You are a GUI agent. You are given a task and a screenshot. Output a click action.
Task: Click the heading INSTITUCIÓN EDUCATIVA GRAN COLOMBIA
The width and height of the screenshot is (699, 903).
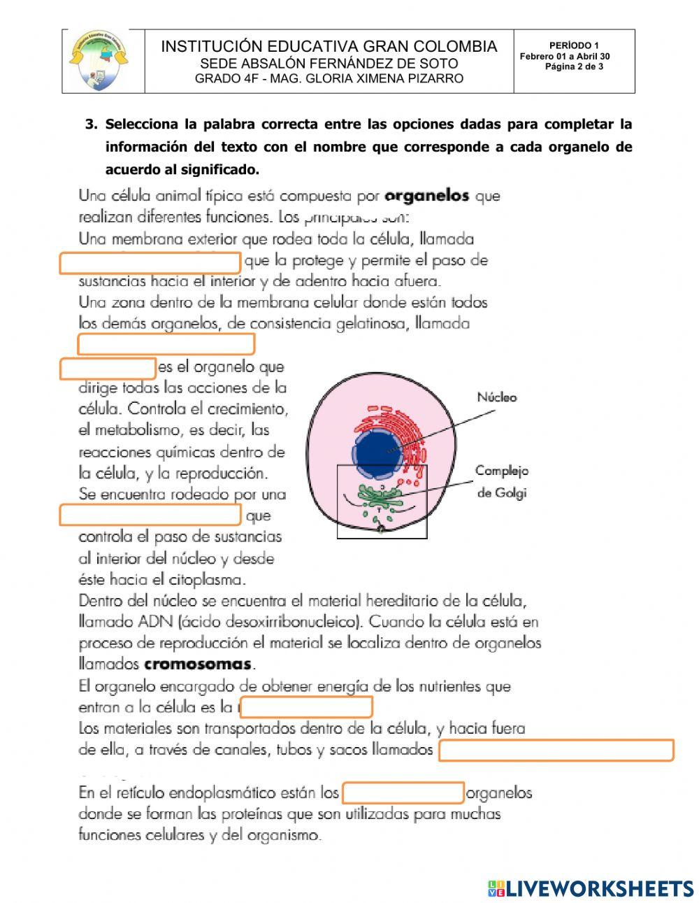[329, 47]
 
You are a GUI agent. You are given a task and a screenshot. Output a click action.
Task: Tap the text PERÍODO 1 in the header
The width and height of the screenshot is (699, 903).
[574, 46]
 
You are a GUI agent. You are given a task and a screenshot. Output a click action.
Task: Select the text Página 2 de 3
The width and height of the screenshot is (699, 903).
[574, 67]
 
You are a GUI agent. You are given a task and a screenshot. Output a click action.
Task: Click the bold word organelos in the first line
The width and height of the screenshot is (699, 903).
[427, 196]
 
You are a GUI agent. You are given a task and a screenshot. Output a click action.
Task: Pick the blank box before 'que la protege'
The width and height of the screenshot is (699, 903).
[150, 263]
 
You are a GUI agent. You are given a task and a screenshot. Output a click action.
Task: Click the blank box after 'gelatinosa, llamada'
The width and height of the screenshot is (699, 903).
[166, 344]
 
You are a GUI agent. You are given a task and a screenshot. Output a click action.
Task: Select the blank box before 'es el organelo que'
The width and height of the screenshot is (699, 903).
[108, 368]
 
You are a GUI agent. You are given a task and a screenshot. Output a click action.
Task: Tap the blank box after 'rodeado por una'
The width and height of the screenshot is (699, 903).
[150, 516]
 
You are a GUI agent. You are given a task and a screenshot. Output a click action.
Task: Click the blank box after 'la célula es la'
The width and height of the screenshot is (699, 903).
[306, 707]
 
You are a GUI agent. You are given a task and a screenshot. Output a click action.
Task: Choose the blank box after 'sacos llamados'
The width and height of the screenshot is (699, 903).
[556, 751]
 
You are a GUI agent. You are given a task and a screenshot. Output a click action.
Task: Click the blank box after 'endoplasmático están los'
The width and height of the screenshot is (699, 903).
[403, 793]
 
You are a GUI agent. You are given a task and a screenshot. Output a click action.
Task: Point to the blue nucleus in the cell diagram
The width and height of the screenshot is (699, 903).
[378, 454]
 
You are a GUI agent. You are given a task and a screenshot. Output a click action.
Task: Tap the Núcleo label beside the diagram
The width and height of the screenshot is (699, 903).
[497, 397]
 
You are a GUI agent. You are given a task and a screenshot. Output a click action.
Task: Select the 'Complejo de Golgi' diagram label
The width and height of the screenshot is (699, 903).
[502, 481]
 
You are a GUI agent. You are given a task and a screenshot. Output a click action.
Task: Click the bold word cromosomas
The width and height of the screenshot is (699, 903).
[197, 664]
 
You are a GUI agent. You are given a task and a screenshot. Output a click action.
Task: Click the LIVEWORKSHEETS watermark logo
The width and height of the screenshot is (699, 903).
[591, 888]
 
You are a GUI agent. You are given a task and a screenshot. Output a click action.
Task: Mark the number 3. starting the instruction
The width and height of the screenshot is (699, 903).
[91, 125]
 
